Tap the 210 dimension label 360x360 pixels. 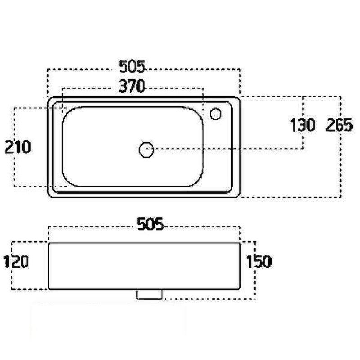click(18, 147)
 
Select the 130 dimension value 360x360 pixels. click(302, 125)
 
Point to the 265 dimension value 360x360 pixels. click(339, 125)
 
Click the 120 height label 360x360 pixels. click(16, 261)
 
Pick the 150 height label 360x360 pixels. click(258, 261)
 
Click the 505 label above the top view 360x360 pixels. click(132, 67)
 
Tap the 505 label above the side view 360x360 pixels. click(150, 223)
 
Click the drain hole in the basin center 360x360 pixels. click(146, 149)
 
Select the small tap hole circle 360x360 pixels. click(216, 114)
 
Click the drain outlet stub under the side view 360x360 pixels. click(149, 294)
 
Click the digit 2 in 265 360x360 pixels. click(331, 125)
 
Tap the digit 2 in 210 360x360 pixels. click(9, 147)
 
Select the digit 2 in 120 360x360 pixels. click(16, 261)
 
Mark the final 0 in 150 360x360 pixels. click(266, 261)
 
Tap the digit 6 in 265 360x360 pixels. click(339, 125)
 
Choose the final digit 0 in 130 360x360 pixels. click(310, 125)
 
